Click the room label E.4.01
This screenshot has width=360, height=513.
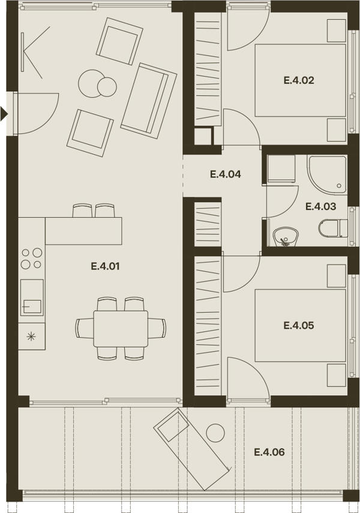pyautogui.click(x=105, y=266)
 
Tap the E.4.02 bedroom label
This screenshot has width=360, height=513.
pyautogui.click(x=299, y=80)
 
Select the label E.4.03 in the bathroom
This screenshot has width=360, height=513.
pyautogui.click(x=321, y=206)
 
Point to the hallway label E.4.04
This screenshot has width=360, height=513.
pyautogui.click(x=226, y=174)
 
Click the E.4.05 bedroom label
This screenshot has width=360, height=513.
pyautogui.click(x=299, y=325)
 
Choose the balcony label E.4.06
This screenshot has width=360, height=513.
pyautogui.click(x=269, y=452)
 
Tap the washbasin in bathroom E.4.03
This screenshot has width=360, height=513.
pyautogui.click(x=285, y=236)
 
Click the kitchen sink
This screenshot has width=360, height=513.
pyautogui.click(x=32, y=298)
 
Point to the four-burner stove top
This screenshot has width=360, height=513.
pyautogui.click(x=32, y=259)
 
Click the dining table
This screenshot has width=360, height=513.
pyautogui.click(x=121, y=328)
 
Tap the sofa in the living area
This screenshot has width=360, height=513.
pyautogui.click(x=149, y=99)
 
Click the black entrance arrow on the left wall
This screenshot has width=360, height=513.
pyautogui.click(x=4, y=113)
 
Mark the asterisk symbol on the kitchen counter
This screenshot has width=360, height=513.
pyautogui.click(x=31, y=336)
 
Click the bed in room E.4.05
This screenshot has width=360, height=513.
pyautogui.click(x=300, y=325)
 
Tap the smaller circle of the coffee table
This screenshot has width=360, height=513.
pyautogui.click(x=107, y=86)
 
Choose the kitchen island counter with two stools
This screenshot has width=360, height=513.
pyautogui.click(x=83, y=230)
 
